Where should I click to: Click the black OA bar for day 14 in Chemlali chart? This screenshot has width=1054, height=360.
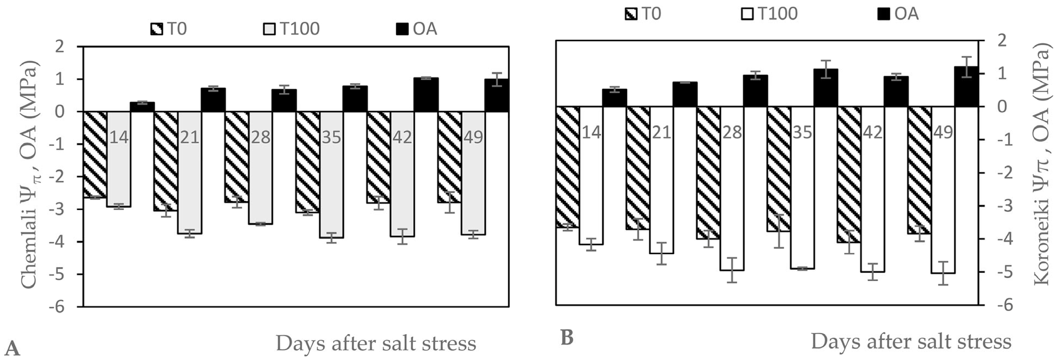click(x=142, y=107)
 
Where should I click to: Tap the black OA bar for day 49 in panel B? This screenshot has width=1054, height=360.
click(x=966, y=87)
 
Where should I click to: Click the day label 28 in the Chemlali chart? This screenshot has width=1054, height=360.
click(x=261, y=137)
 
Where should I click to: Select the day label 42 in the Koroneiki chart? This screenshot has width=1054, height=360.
click(x=873, y=132)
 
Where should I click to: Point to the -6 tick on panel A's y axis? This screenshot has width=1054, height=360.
click(x=57, y=306)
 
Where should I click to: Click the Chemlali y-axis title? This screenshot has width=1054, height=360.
click(x=29, y=176)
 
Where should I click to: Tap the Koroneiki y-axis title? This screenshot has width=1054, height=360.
click(x=1043, y=164)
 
